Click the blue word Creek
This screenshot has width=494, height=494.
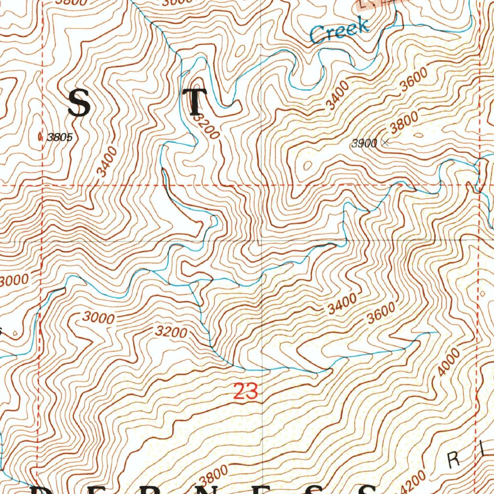340,30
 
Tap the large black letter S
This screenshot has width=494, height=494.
79,104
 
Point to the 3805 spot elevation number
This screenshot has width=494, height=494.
60,137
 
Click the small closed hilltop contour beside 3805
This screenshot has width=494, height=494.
40,137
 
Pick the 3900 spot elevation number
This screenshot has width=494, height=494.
364,143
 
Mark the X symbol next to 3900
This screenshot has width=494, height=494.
384,142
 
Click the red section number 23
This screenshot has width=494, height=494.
246,391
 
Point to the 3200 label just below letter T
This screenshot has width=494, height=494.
206,126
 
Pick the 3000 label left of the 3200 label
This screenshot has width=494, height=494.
98,318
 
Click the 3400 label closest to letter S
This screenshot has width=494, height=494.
107,161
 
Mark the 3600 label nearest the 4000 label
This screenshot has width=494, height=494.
381,314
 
